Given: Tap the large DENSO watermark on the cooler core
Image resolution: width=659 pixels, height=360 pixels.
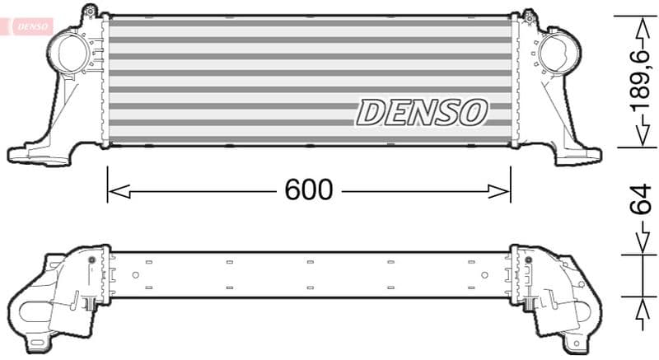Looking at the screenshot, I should click(x=422, y=112).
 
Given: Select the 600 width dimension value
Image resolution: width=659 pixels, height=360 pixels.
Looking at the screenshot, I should click(x=309, y=190).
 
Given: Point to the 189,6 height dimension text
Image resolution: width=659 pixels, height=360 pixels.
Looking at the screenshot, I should click(x=637, y=81).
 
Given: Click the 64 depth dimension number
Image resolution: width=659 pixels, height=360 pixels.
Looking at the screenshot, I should click(x=637, y=201).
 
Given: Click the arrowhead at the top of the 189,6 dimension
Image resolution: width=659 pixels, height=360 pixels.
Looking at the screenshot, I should click(x=637, y=22).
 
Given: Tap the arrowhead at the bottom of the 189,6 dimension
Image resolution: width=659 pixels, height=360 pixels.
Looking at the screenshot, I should click(x=637, y=139).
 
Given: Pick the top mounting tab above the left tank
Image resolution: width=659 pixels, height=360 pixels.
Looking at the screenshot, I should click(x=89, y=11).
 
